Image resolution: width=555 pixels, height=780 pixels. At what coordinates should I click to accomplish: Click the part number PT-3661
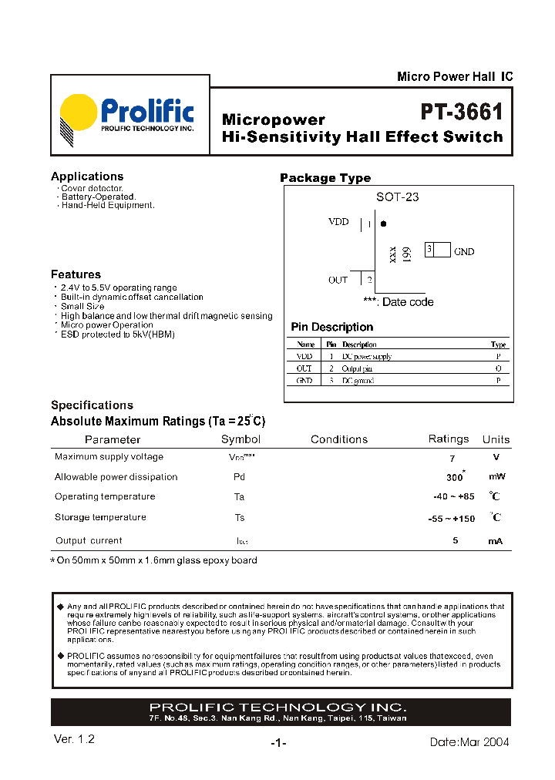(x=462, y=113)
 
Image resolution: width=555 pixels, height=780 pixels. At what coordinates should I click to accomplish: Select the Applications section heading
(x=87, y=177)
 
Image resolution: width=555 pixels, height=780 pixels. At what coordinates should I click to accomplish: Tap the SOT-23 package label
(x=397, y=197)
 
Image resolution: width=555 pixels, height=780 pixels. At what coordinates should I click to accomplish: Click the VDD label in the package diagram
(x=338, y=222)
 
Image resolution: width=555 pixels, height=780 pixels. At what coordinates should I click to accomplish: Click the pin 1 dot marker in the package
(x=384, y=224)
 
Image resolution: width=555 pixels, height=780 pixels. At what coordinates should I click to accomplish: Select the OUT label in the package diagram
(x=338, y=280)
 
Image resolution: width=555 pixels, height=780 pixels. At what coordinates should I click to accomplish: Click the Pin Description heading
(x=331, y=327)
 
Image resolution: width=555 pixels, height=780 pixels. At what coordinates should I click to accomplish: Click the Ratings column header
(x=449, y=439)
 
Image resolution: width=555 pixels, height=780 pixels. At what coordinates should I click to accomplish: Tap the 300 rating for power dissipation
(x=455, y=477)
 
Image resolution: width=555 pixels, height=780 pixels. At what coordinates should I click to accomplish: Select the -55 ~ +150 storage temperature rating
(x=451, y=519)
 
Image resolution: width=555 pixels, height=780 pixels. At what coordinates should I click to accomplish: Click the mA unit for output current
(x=495, y=541)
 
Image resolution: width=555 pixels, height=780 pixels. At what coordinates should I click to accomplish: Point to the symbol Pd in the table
(x=239, y=477)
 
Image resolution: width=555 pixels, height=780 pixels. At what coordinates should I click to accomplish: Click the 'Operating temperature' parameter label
(x=105, y=496)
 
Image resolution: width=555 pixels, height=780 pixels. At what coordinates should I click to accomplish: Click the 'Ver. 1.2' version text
(x=75, y=738)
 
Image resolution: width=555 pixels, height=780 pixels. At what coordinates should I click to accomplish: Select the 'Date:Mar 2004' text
(x=469, y=741)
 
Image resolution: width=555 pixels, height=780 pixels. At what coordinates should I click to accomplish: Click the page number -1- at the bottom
(x=278, y=743)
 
